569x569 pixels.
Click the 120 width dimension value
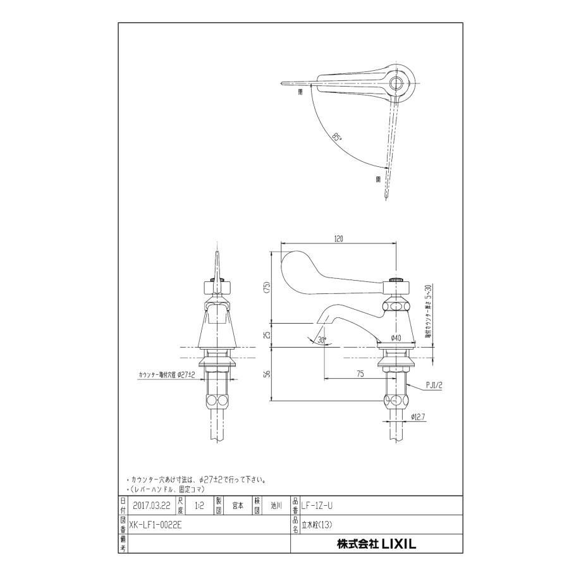(338, 239)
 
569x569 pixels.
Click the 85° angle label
(338, 137)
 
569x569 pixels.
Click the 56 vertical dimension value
(266, 374)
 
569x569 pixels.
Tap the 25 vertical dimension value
(266, 334)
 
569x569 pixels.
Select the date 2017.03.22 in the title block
(152, 506)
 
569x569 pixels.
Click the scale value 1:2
(199, 506)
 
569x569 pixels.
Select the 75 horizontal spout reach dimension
(359, 374)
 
